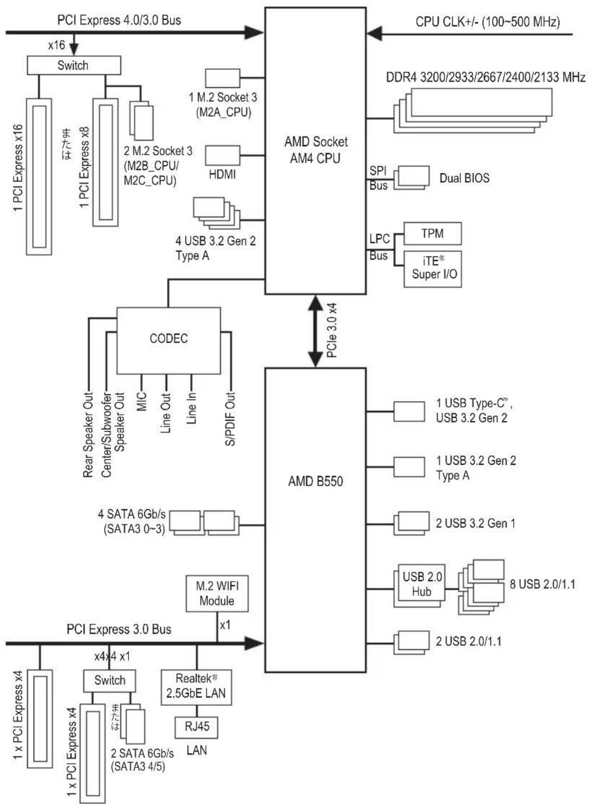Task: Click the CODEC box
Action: (169, 341)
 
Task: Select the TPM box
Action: (432, 233)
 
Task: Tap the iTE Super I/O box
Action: (432, 269)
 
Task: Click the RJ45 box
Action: (197, 727)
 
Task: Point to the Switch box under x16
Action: (74, 65)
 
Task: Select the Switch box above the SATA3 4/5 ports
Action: (109, 681)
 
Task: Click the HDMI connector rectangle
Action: (222, 155)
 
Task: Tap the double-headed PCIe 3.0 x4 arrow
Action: (315, 331)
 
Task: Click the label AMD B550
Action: (315, 481)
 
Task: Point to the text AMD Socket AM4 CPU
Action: (316, 150)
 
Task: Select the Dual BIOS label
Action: (464, 178)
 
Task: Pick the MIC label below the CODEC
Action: (141, 401)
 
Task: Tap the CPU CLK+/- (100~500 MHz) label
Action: (488, 22)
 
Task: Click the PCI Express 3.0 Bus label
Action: (119, 629)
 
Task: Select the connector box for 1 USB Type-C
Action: (409, 412)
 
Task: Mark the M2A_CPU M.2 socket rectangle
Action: (222, 78)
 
